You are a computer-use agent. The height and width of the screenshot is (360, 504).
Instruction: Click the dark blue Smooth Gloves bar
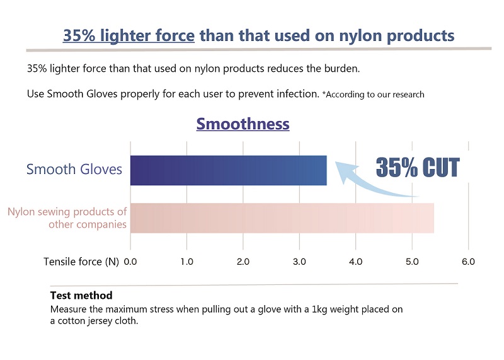[228, 170]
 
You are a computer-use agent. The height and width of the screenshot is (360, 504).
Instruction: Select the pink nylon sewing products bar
[282, 218]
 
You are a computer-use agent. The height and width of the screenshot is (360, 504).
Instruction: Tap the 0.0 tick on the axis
[130, 262]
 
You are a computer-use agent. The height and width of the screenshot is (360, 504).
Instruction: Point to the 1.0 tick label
[186, 262]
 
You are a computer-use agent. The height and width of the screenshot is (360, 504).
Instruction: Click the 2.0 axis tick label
[243, 262]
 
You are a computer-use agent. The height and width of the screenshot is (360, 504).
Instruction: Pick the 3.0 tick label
[299, 262]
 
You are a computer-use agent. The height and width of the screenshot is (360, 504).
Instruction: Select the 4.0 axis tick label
[355, 262]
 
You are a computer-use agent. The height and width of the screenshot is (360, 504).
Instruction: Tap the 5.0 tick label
[411, 262]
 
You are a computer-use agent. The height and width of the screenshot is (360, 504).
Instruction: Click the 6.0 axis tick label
[468, 262]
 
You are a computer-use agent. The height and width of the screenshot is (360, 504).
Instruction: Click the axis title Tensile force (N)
[81, 262]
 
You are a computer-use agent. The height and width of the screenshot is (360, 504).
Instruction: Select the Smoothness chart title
[243, 124]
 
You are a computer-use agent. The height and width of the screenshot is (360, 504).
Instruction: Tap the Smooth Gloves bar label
[74, 170]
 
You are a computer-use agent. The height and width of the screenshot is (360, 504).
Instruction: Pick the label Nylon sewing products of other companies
[67, 218]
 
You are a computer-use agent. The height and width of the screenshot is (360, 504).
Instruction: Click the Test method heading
[81, 295]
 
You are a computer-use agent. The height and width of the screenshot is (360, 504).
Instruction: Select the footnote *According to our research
[373, 95]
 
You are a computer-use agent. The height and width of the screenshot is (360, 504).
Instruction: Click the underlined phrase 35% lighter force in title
[129, 35]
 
